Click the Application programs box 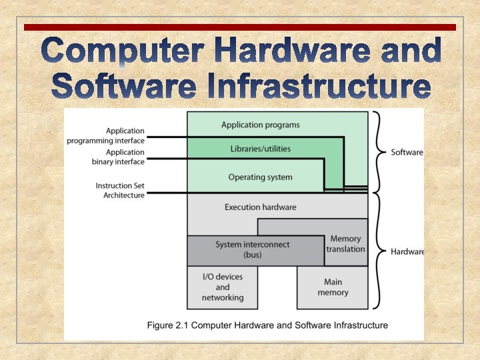[x=261, y=125]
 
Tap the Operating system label [x=260, y=177]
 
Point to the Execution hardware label [x=261, y=207]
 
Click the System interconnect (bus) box [x=253, y=250]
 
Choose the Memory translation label [x=345, y=244]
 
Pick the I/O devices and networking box [x=223, y=287]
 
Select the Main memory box [x=333, y=287]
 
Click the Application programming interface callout [x=106, y=136]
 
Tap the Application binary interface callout [x=106, y=157]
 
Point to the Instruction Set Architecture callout [x=120, y=191]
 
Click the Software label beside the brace [x=407, y=152]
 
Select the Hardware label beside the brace [x=407, y=251]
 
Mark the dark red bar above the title [x=240, y=27]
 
